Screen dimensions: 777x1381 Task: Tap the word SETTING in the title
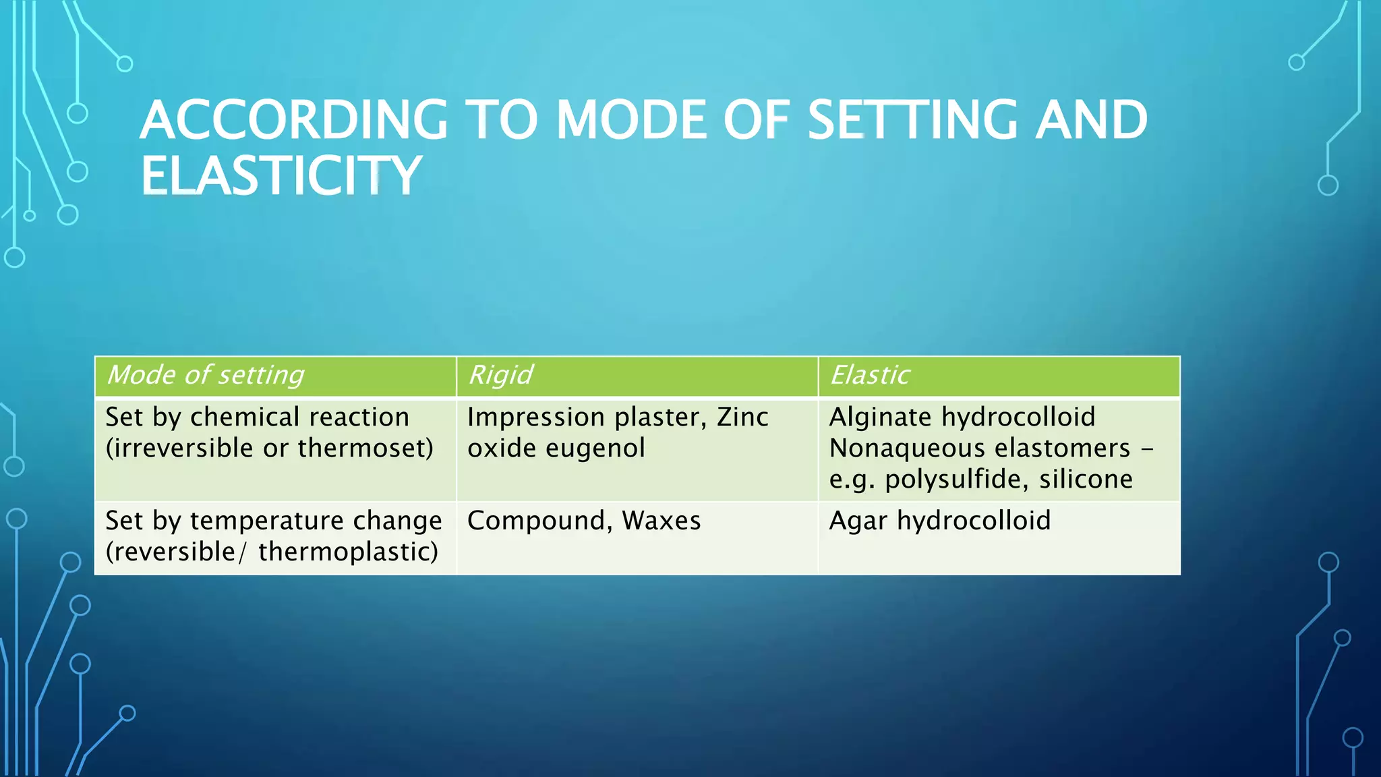pos(910,121)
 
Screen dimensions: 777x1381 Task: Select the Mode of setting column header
pos(206,375)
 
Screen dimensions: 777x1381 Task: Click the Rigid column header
pos(500,375)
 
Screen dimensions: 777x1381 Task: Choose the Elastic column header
pos(870,375)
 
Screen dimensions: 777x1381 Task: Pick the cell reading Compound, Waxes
pos(584,521)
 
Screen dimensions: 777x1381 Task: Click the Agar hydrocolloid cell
pos(939,521)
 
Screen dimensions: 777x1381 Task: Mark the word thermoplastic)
pos(348,552)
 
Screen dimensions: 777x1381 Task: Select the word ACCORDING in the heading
pos(294,121)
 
